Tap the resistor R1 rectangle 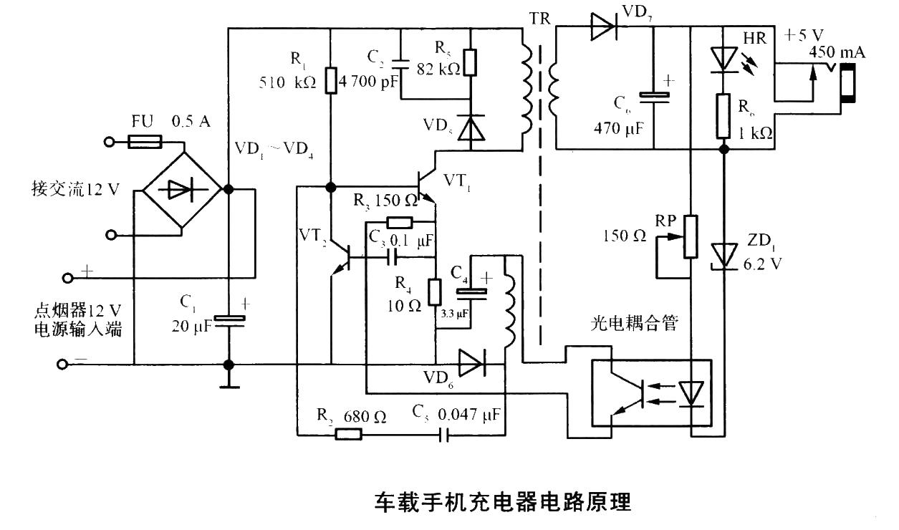(330, 80)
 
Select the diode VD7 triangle (602, 27)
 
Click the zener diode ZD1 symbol (723, 254)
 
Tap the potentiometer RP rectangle (689, 236)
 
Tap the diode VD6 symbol (471, 364)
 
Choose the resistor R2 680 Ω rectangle (348, 433)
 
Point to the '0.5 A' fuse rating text (191, 122)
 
